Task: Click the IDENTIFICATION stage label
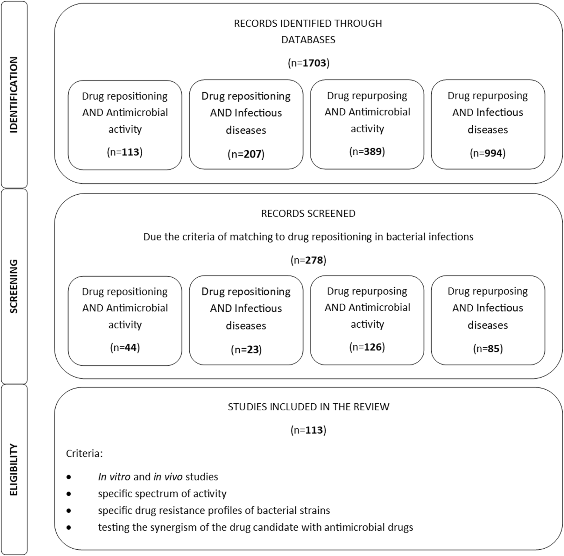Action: click(x=14, y=95)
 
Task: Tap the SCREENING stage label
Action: click(x=14, y=286)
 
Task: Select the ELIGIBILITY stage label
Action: click(x=14, y=469)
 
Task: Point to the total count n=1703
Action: click(x=308, y=63)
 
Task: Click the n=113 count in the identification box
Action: click(x=125, y=152)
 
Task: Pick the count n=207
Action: click(x=246, y=154)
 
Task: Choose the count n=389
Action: click(x=367, y=151)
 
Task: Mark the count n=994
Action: click(x=488, y=153)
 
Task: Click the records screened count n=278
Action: click(x=308, y=260)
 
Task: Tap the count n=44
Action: click(x=125, y=347)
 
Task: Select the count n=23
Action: click(x=246, y=350)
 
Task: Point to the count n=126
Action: click(x=367, y=347)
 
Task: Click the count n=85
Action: click(x=488, y=349)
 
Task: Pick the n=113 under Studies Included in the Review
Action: click(x=308, y=430)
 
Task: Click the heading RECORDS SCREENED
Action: click(x=308, y=213)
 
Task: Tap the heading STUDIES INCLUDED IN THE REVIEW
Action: click(x=308, y=407)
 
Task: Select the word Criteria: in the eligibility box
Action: click(x=84, y=453)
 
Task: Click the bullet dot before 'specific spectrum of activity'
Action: click(x=69, y=494)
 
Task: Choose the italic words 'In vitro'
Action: click(x=114, y=477)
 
